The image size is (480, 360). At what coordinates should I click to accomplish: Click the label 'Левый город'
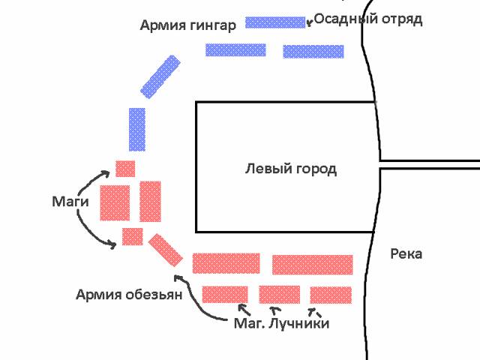(291, 169)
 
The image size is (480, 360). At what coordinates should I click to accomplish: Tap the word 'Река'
(406, 253)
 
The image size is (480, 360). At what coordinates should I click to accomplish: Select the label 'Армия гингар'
(188, 25)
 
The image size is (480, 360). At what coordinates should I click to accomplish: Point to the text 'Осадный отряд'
(368, 19)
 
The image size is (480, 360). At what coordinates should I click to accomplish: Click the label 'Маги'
(70, 202)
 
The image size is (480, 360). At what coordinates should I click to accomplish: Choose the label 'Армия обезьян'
(129, 295)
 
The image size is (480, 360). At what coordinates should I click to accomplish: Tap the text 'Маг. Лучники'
(282, 323)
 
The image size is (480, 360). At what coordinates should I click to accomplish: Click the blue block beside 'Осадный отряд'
(275, 22)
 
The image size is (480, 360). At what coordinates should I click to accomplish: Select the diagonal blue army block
(160, 76)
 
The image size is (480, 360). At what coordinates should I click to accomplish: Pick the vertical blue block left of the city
(136, 130)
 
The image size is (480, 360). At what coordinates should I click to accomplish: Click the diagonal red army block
(165, 250)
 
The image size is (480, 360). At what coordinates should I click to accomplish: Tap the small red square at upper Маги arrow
(125, 169)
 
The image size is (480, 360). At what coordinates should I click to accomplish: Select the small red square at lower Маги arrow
(133, 237)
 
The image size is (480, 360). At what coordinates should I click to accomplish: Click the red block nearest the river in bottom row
(331, 295)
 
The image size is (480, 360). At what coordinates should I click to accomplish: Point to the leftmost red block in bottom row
(225, 295)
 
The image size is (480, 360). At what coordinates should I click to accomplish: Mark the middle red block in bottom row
(280, 295)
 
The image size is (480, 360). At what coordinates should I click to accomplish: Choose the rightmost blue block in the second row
(313, 52)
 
